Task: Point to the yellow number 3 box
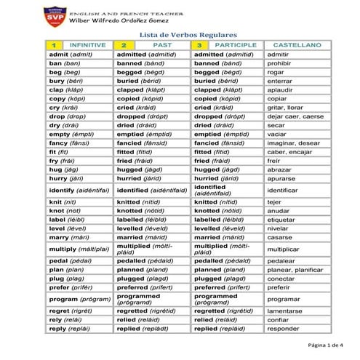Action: [199, 45]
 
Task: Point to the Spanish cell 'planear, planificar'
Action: [294, 269]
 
